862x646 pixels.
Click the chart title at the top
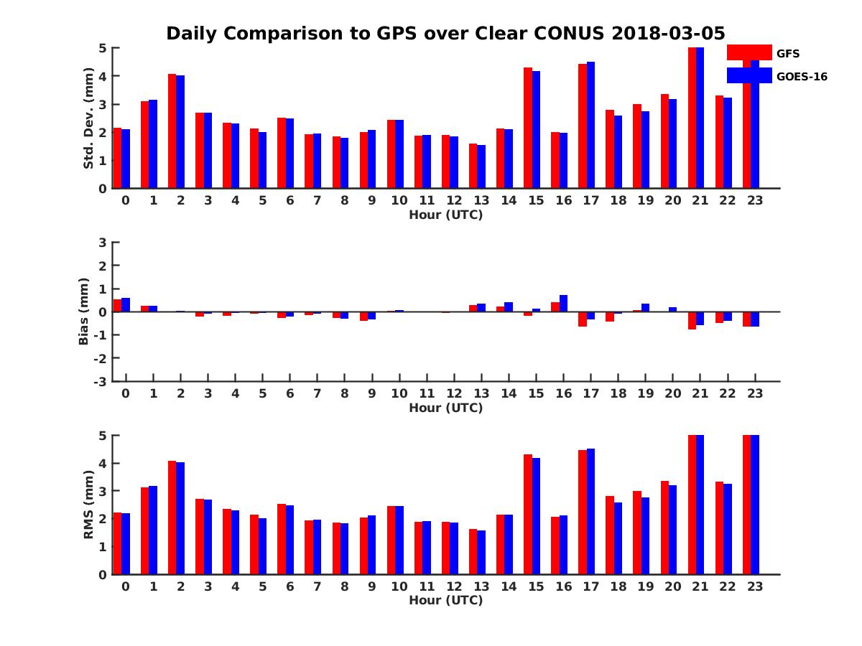click(x=445, y=33)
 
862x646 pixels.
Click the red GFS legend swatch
click(x=749, y=52)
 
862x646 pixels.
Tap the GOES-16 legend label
click(x=802, y=77)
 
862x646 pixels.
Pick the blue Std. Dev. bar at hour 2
click(x=180, y=131)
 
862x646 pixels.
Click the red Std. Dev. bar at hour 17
click(x=583, y=126)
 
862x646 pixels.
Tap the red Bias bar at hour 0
click(x=118, y=306)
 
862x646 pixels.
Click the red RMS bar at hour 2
click(x=172, y=518)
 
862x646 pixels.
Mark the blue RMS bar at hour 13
click(x=481, y=552)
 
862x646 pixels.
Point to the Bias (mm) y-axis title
click(x=83, y=312)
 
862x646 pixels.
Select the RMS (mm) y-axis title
click(x=89, y=505)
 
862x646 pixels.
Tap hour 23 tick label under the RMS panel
click(x=755, y=586)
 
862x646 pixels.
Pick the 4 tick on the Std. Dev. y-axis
click(x=103, y=76)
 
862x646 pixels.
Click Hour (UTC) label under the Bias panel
click(x=445, y=408)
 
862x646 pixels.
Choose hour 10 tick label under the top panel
click(x=399, y=200)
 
